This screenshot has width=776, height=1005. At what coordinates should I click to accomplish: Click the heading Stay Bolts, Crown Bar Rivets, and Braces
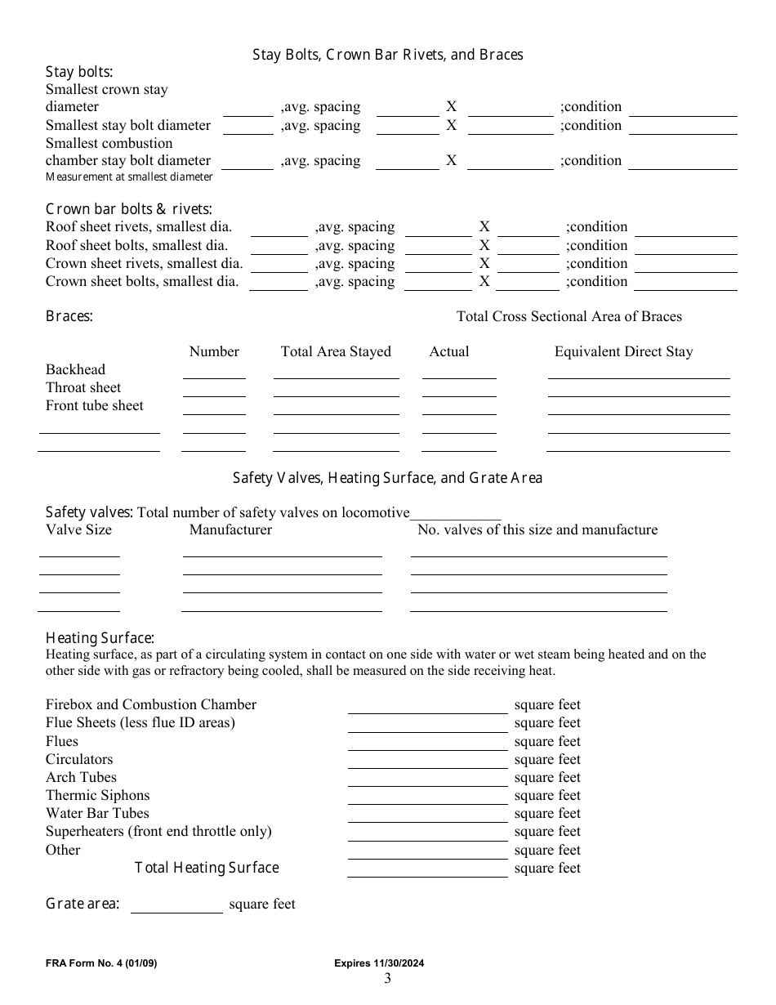387,55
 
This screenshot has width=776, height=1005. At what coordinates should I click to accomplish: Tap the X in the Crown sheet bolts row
484,282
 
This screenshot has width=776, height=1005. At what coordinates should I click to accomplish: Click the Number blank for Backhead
214,373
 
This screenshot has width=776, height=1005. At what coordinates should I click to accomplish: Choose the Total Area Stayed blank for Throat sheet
336,391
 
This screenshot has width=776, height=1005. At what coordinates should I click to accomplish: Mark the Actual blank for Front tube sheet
459,409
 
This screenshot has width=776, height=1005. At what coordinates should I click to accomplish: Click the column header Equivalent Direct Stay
623,352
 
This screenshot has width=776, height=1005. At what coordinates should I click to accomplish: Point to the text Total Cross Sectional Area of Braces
569,316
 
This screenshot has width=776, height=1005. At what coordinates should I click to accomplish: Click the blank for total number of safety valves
455,515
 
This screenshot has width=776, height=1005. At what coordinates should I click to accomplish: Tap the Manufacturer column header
230,530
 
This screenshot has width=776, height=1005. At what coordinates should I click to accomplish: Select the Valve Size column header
78,530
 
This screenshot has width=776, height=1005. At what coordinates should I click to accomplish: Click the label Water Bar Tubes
97,813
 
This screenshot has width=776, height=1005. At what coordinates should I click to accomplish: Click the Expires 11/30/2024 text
379,963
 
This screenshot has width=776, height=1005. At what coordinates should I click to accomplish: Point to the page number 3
387,979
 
